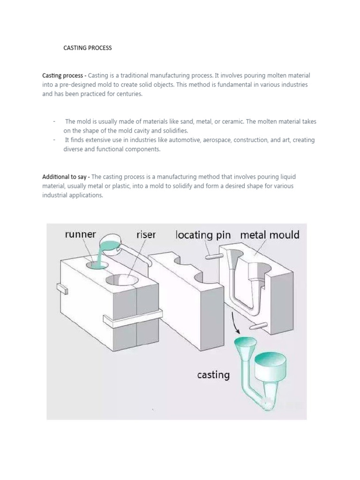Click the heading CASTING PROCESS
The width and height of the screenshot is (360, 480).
pos(88,48)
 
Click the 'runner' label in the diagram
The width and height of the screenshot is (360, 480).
pos(80,234)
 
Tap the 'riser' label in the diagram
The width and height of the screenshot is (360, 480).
pos(146,234)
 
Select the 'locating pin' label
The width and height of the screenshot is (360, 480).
pos(203,235)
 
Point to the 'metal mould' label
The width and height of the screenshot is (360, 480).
pos(270,234)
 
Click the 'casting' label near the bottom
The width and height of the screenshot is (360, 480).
pos(213,375)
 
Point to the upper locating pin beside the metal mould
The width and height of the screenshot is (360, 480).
pos(214,256)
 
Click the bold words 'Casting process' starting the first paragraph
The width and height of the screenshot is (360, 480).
pos(63,75)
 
